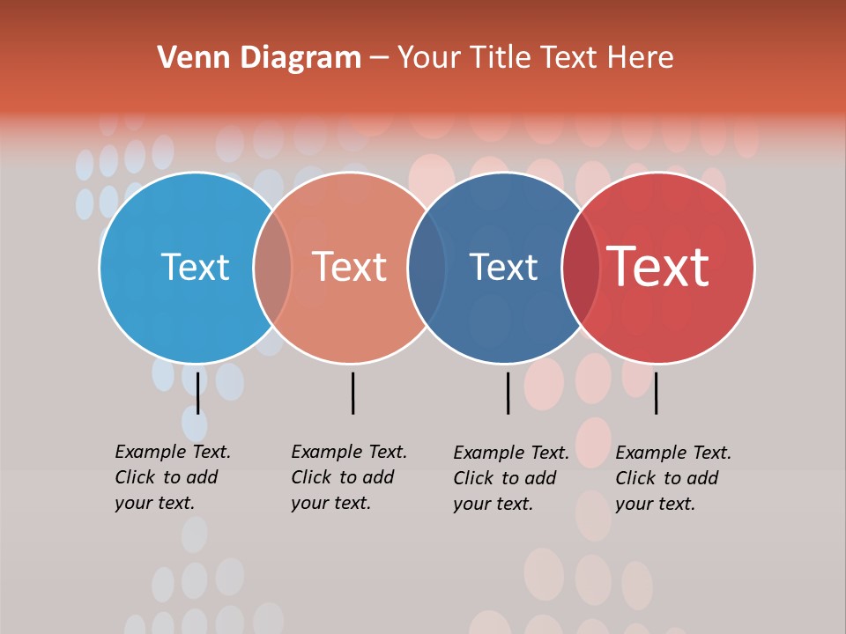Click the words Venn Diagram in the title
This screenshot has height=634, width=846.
tap(259, 58)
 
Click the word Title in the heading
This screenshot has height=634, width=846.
tap(501, 58)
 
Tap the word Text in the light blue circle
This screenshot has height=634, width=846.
tap(195, 267)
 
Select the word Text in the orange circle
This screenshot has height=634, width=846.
tap(349, 267)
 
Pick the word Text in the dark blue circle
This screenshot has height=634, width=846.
tap(503, 267)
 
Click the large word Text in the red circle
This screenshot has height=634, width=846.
tap(658, 267)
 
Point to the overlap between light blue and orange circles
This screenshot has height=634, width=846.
tap(272, 268)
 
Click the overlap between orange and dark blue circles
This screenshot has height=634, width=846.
tap(427, 268)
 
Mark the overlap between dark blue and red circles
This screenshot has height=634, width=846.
tap(581, 268)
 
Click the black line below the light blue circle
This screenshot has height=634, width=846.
tap(197, 393)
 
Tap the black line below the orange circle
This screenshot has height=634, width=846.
tap(352, 393)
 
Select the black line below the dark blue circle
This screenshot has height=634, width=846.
tap(508, 393)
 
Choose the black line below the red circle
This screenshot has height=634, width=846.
tap(656, 393)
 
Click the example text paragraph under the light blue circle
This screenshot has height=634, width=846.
tap(172, 477)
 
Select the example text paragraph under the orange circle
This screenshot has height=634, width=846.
tap(348, 477)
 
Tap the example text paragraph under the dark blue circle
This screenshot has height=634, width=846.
tap(510, 478)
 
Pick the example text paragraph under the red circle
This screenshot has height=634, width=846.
tap(672, 478)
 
